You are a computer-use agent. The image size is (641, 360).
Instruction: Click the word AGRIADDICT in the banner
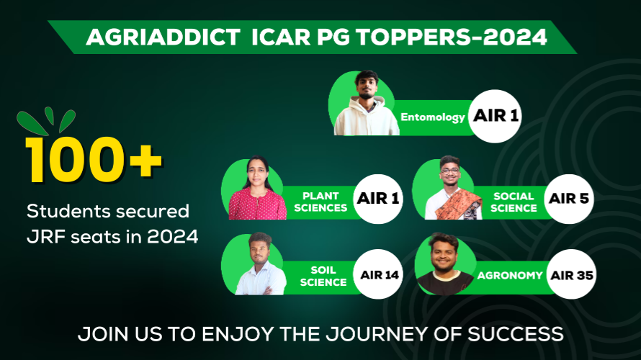point(163,37)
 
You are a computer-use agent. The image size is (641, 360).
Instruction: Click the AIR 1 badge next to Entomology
point(495,116)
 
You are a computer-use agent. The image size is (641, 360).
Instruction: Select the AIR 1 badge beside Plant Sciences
point(377,199)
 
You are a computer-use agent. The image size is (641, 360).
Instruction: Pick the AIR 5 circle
point(569,199)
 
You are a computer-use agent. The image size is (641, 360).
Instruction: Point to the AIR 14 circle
point(379,274)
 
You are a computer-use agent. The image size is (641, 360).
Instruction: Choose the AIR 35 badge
point(572,274)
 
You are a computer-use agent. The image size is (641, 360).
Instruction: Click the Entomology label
point(433,117)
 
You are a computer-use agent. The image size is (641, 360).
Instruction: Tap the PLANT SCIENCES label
point(320,202)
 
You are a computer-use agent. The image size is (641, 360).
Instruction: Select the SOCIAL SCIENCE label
point(514,202)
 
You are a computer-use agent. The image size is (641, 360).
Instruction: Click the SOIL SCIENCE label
point(323,276)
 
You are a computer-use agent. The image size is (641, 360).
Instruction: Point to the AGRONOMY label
point(510,276)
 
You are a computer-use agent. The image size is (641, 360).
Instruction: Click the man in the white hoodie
point(367,104)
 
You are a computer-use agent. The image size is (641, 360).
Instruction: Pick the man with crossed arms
point(261,265)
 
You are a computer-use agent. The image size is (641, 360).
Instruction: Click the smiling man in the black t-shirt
point(445,265)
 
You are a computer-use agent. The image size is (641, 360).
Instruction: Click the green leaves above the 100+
point(46,121)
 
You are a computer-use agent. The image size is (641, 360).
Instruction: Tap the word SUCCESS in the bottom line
point(516,334)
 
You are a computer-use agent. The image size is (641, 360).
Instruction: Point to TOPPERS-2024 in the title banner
point(452,37)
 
